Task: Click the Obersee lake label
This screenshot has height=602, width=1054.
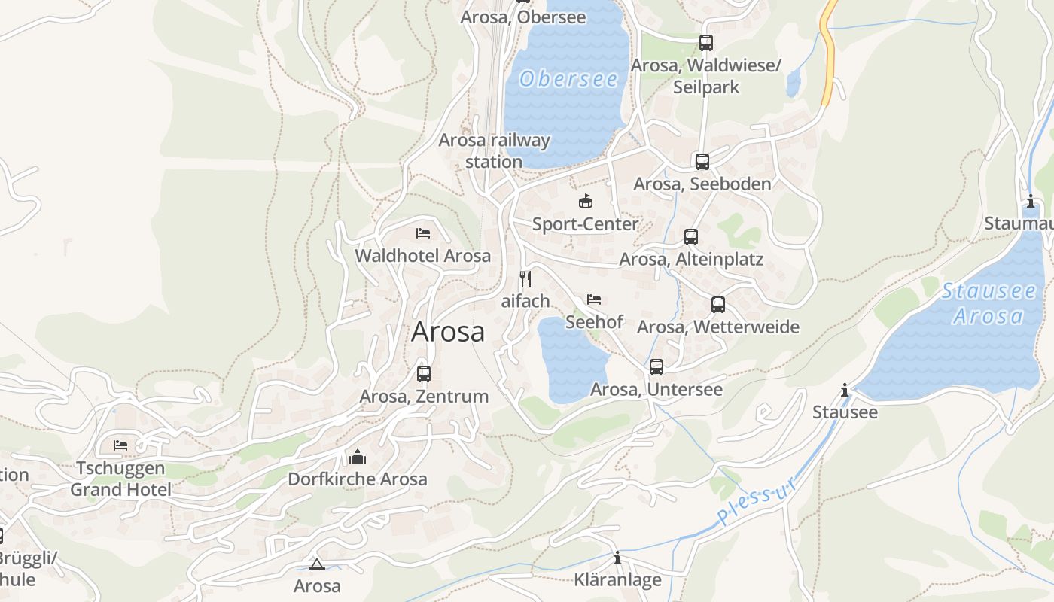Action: (x=568, y=79)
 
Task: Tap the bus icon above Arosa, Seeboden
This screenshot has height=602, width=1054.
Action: (x=702, y=161)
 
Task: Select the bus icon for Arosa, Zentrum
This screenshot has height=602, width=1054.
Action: (x=424, y=373)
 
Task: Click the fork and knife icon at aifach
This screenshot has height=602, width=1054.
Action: (x=525, y=278)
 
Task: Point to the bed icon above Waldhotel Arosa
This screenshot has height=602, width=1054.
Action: (x=423, y=233)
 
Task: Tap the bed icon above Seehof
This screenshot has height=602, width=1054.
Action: (x=594, y=299)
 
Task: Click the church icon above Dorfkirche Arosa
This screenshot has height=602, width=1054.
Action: (x=358, y=457)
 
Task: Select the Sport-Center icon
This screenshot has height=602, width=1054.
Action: (x=585, y=201)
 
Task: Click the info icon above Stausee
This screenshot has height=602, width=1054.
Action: (x=845, y=390)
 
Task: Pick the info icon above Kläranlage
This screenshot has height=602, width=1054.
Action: (x=617, y=558)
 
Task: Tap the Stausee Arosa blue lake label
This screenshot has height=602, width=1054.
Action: (x=988, y=303)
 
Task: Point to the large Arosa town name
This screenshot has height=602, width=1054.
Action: (x=448, y=332)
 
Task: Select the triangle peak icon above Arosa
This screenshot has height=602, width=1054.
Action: (x=316, y=564)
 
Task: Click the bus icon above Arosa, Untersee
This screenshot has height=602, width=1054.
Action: (x=656, y=367)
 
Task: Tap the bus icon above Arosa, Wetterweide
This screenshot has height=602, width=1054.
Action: (x=718, y=305)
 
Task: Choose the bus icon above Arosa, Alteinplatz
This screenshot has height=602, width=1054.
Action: (x=691, y=237)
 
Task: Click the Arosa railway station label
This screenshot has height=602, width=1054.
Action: (x=494, y=150)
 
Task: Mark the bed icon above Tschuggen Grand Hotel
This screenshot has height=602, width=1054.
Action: (x=120, y=445)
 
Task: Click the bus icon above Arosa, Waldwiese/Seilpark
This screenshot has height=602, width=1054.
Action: (x=705, y=43)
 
